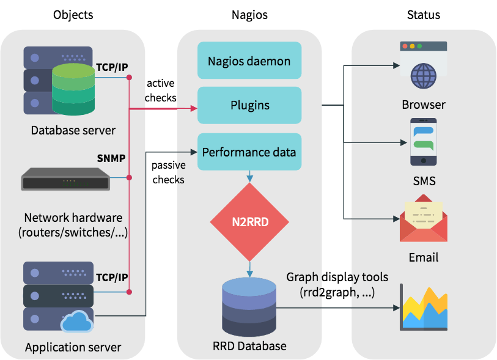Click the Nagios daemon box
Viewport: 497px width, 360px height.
(249, 61)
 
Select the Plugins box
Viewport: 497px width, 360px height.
(249, 105)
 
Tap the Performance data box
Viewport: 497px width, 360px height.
(249, 152)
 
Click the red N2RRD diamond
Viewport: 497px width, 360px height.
(249, 221)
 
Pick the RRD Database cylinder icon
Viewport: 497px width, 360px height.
(249, 306)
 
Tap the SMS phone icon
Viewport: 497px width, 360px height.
(423, 142)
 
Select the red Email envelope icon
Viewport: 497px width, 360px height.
(423, 218)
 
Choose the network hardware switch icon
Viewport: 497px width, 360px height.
(65, 178)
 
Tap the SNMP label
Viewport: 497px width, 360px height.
(111, 158)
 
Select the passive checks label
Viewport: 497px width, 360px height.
(168, 172)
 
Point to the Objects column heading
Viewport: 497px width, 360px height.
(73, 15)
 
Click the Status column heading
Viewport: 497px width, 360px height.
(423, 15)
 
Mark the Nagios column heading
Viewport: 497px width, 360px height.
(249, 15)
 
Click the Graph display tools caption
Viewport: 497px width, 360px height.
(337, 285)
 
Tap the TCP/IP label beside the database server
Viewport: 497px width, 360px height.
(112, 67)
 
